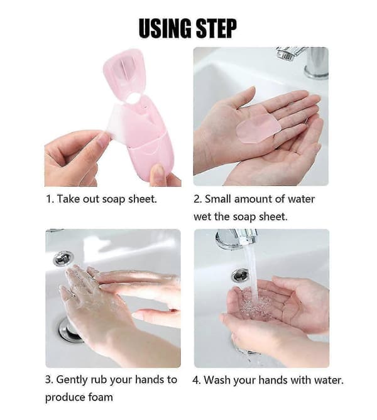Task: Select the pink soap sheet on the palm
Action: click(258, 124)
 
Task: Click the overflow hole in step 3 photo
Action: click(63, 258)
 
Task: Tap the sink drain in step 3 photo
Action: click(69, 330)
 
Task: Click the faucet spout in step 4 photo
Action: click(236, 239)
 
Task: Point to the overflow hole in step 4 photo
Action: click(240, 275)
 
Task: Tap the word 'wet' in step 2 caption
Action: click(202, 217)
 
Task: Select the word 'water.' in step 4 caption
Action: click(329, 380)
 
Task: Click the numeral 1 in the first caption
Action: click(48, 199)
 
